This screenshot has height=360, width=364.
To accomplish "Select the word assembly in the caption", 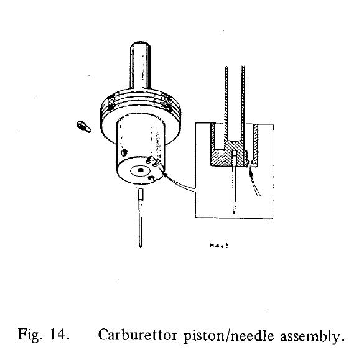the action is pos(312,336).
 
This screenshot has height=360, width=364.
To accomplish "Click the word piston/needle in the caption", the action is pos(228,336).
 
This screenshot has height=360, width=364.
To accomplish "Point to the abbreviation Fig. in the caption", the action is pos(30,335).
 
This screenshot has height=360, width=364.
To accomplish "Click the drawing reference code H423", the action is pos(219,246).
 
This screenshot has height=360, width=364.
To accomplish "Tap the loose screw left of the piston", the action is pos(84,127).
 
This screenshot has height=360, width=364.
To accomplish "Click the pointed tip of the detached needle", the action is pos(140,247).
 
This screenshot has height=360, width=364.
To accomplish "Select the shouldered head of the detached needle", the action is pos(141,195).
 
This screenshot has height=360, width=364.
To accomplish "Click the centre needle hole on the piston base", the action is pos(140,171).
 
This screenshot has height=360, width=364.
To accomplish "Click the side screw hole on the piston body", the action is pos(124,152).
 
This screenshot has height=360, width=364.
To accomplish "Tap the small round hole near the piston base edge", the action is pos(151,178).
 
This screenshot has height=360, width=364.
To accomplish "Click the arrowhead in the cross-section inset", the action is pos(250,170).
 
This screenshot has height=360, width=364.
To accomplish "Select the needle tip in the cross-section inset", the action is pos(234,211).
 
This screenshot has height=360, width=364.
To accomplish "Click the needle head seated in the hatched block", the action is pos(235,157).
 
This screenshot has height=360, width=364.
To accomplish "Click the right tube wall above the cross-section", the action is pos(243,102).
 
